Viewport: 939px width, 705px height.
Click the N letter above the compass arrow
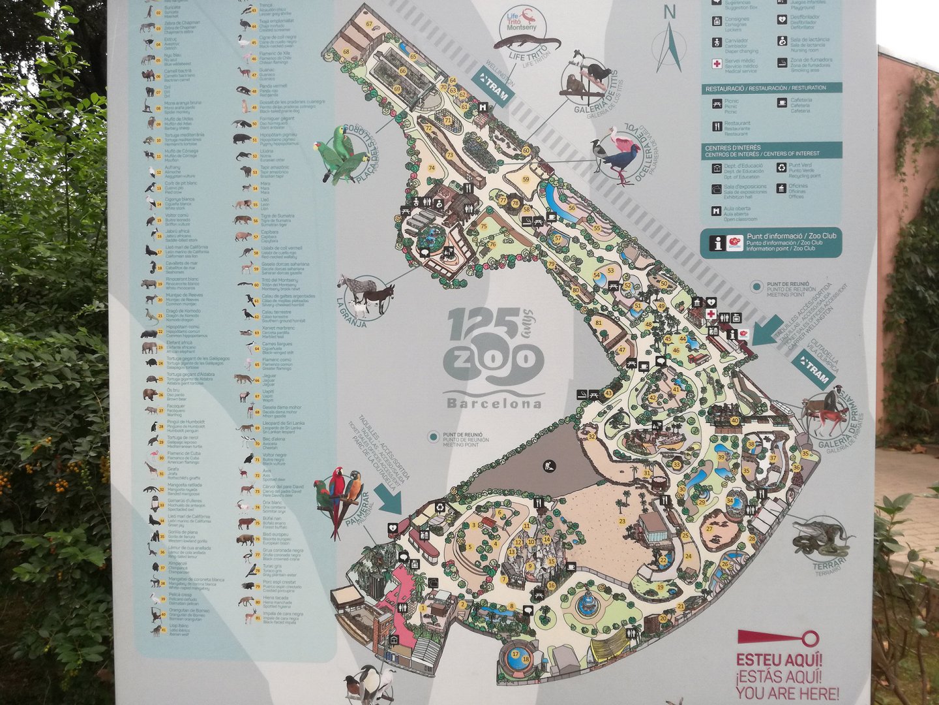click(x=670, y=12)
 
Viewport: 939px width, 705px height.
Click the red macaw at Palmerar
click(x=338, y=496)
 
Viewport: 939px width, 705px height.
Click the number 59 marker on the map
click(x=526, y=180)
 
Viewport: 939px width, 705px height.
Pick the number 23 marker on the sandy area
click(x=622, y=521)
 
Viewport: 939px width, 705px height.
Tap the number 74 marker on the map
click(x=431, y=168)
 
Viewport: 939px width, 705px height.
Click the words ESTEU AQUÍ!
click(x=779, y=660)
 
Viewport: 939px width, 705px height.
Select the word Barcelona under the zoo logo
click(x=494, y=403)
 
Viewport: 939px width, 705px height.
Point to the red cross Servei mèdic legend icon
click(x=717, y=64)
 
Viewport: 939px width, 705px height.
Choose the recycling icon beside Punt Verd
click(x=781, y=168)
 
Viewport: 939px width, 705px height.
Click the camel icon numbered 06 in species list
click(x=149, y=74)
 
